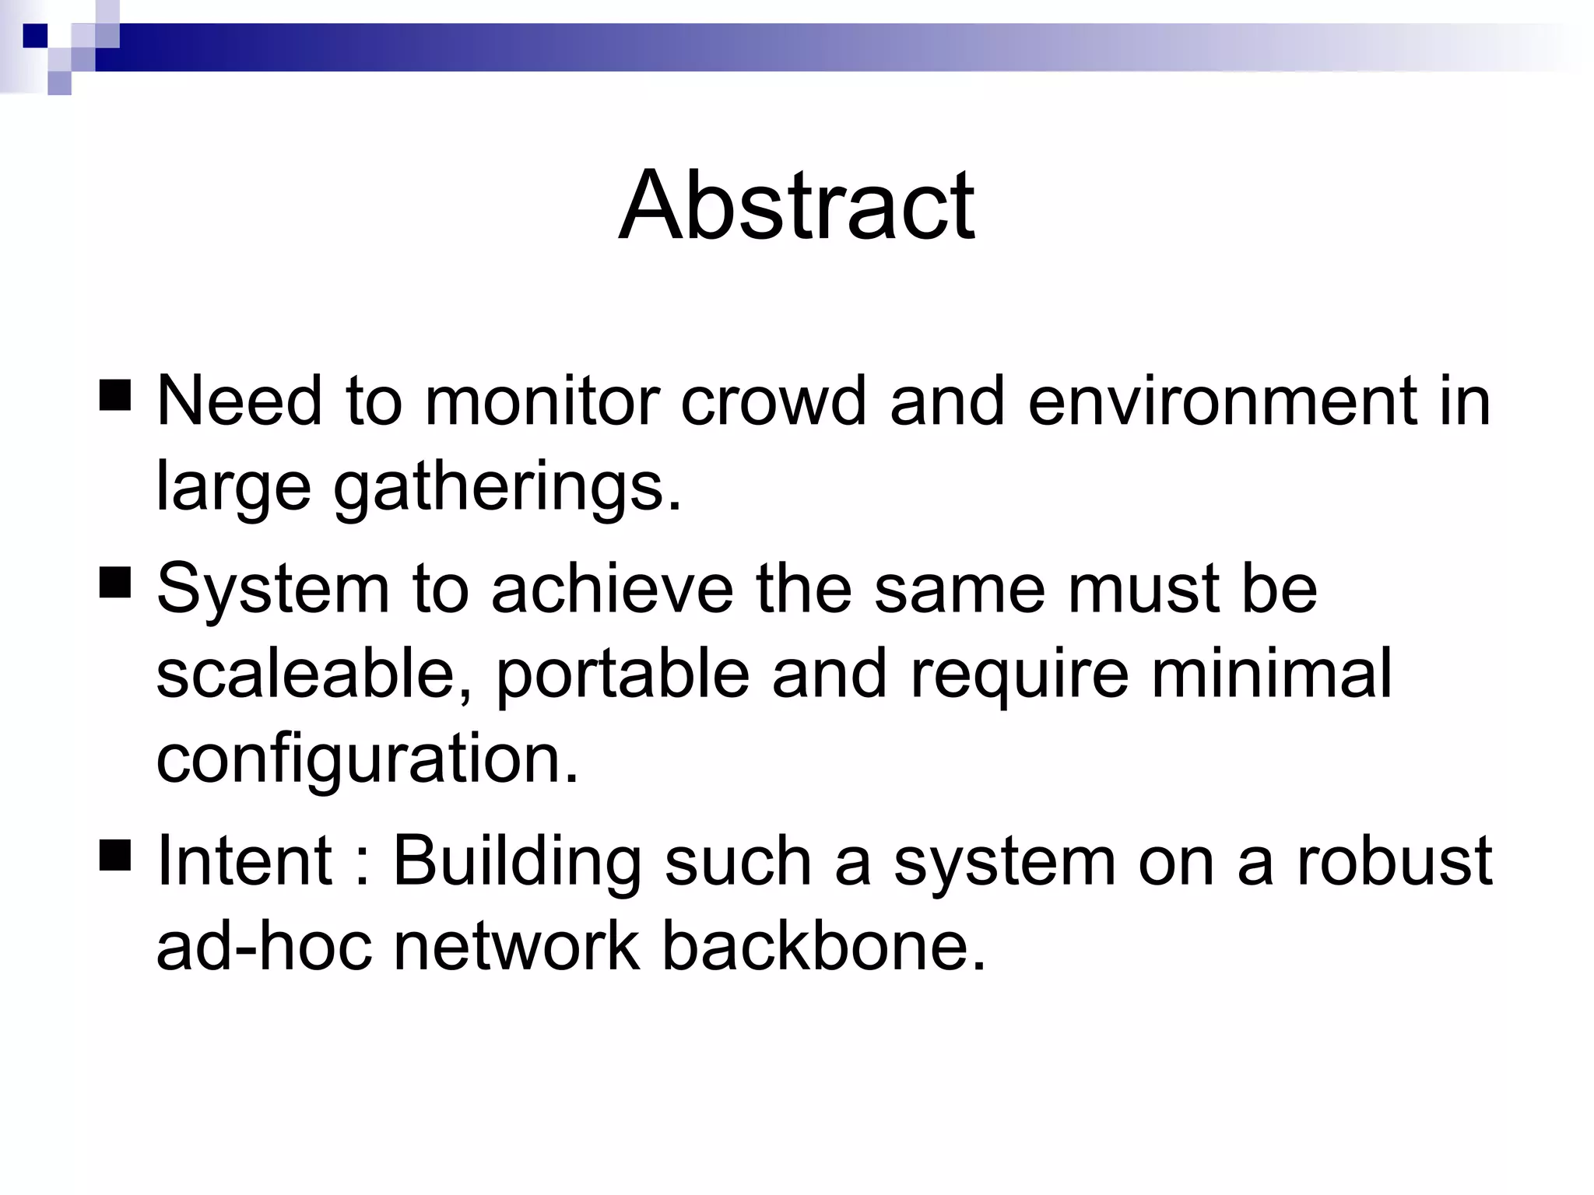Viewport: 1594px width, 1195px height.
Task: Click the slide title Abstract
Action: pyautogui.click(x=796, y=206)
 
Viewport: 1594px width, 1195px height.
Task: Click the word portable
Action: pyautogui.click(x=622, y=674)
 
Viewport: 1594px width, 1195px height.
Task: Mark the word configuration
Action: pyautogui.click(x=367, y=759)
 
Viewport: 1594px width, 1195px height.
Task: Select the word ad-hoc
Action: pyautogui.click(x=264, y=946)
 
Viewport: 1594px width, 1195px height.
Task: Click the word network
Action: pyautogui.click(x=516, y=946)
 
